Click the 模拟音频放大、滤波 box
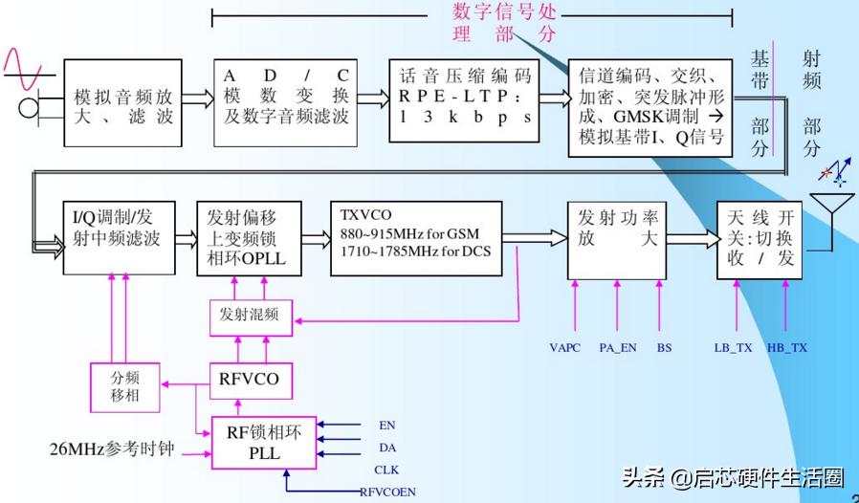(x=122, y=103)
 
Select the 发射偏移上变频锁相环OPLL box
(x=249, y=238)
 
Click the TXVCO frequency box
(x=415, y=238)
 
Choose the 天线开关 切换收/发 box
(x=760, y=240)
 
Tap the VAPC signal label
(x=565, y=347)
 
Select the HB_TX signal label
(x=787, y=347)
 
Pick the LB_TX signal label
(x=734, y=347)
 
